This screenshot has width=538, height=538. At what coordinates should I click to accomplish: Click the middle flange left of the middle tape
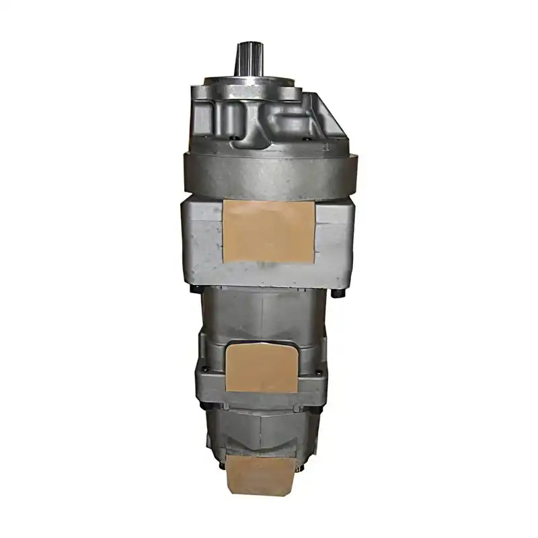tap(210, 377)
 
